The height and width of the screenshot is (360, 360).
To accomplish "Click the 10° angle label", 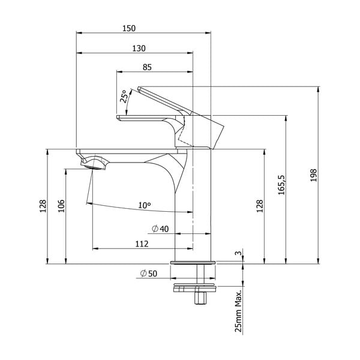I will (144, 205).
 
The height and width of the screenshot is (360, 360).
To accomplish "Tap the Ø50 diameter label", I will (148, 273).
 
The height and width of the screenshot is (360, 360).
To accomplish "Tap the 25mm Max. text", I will (239, 310).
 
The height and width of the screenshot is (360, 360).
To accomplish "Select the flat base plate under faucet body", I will (192, 262).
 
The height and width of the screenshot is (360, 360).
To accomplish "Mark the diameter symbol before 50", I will (143, 273).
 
